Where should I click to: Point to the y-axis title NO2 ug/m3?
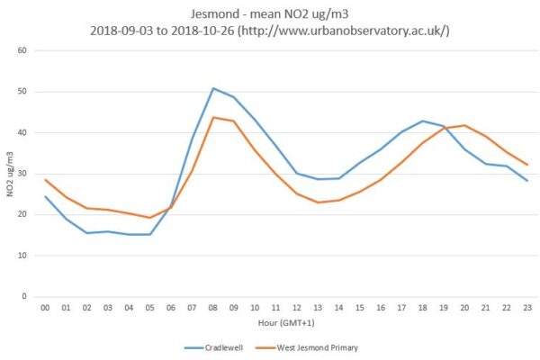[10, 173]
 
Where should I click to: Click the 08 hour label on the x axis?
[213, 309]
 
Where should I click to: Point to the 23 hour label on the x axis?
[526, 309]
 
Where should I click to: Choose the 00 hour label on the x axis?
[46, 309]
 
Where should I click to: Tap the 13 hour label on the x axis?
[318, 309]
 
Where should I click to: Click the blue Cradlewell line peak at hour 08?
[213, 88]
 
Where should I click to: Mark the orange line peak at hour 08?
[213, 117]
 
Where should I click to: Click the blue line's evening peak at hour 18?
[422, 121]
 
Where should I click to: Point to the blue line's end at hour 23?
[526, 181]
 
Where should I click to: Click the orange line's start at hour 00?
[46, 179]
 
